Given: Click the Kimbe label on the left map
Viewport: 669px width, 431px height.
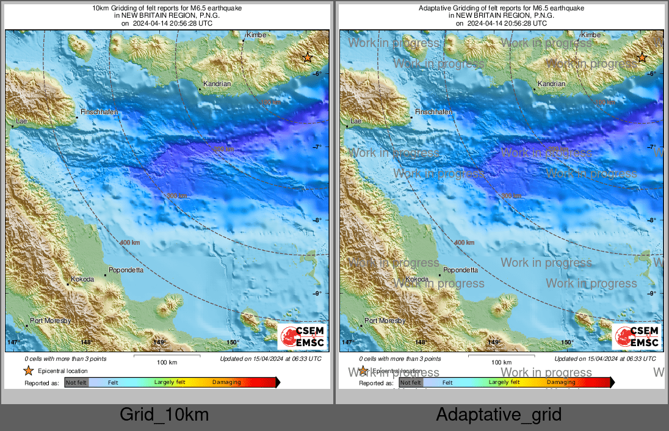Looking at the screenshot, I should click(x=256, y=35).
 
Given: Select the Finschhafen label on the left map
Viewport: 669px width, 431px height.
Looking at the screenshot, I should click(x=96, y=112).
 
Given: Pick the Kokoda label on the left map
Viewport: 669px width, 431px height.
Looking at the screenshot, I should click(x=82, y=280).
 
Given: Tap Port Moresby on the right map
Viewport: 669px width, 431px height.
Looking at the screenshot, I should click(x=385, y=321).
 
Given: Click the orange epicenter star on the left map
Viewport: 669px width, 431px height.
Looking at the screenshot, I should click(x=308, y=57).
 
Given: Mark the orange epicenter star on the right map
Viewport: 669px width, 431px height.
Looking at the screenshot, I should click(x=642, y=57).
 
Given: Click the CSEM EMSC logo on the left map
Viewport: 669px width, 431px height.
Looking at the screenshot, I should click(x=302, y=337).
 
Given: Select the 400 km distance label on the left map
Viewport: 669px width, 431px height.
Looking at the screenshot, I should click(x=130, y=243).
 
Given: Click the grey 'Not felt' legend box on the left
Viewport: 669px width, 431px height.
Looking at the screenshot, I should click(x=76, y=383).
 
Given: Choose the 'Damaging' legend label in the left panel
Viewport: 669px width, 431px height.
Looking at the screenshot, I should click(x=226, y=383).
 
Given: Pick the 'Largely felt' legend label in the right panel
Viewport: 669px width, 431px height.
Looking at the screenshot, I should click(x=504, y=383).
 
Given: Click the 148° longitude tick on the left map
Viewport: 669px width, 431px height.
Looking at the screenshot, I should click(x=86, y=343).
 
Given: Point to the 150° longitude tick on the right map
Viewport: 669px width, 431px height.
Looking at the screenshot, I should click(x=567, y=343).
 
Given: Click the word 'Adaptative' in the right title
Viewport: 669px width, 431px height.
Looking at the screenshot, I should click(x=434, y=9).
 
